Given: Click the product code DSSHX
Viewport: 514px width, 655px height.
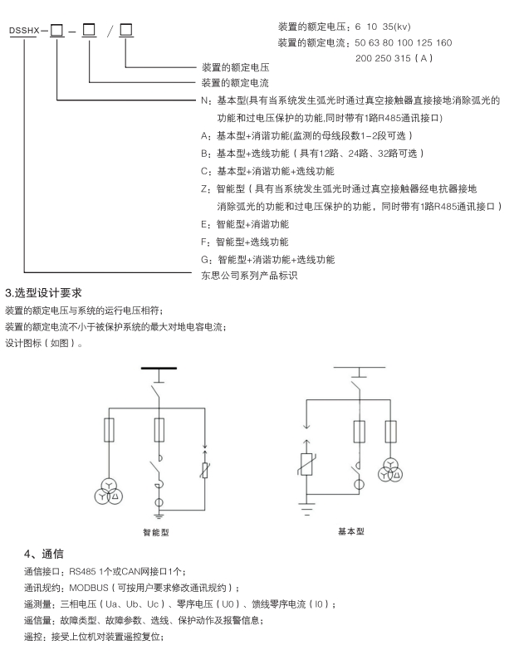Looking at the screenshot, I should pos(25,32).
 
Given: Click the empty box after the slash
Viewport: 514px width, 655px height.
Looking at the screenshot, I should pos(125,32).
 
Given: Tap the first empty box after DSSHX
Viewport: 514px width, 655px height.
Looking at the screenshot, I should pos(56,32).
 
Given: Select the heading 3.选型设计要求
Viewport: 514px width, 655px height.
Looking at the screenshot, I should pos(43,292).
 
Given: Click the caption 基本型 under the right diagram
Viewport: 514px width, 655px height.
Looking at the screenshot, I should pos(350,531).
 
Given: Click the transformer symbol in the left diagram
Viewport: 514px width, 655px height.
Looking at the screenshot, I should pos(106,491).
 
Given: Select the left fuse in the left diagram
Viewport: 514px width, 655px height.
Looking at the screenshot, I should pos(107,430).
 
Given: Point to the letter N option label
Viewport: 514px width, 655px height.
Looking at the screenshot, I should pos(203,100).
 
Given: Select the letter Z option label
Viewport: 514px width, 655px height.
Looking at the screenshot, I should pos(203,188).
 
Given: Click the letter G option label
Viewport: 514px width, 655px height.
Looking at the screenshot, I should pos(203,259).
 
